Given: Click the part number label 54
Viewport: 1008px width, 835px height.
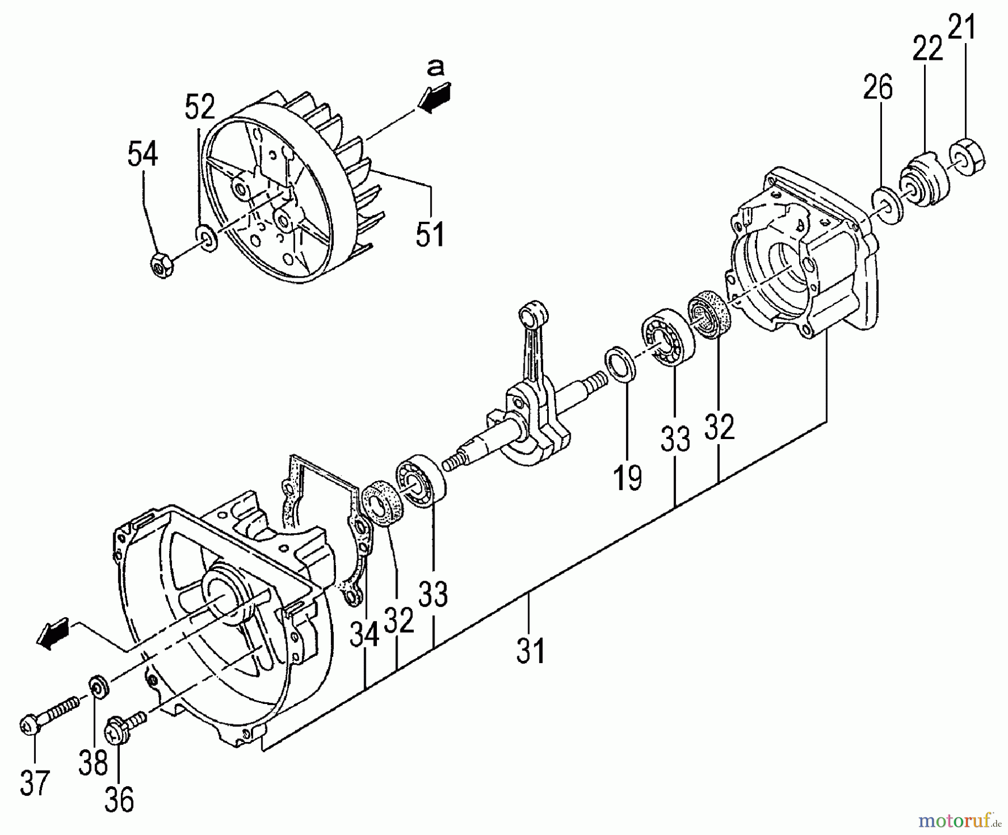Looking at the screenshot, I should (x=143, y=154).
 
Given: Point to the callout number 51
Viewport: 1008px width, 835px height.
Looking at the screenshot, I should (x=430, y=234).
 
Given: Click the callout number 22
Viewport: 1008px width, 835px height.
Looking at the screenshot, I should (x=927, y=50).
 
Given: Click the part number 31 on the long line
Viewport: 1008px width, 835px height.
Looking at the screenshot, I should (x=530, y=651).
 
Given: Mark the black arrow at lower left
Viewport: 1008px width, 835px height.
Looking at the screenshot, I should (x=53, y=635).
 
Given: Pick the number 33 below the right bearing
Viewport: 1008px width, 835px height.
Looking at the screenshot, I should (x=675, y=439).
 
